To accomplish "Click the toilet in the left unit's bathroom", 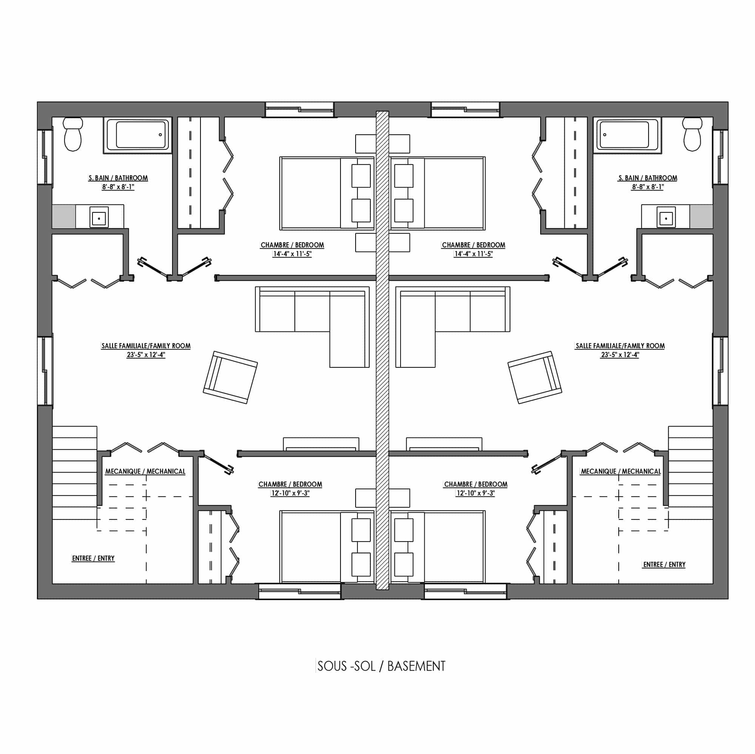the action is click(x=73, y=134).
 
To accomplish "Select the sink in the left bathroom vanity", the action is click(x=99, y=217).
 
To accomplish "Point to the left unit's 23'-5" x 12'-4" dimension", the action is click(x=146, y=355).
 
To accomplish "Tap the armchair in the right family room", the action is click(x=535, y=377).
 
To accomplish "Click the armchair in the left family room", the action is click(x=230, y=377).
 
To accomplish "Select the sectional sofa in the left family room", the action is click(x=312, y=327).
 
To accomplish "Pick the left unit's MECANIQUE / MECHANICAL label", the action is click(x=145, y=471).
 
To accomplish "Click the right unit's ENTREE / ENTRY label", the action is click(x=664, y=565).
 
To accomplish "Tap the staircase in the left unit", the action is click(x=74, y=473).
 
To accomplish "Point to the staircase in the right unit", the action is click(x=690, y=473).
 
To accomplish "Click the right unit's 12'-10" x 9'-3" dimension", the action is click(x=476, y=493).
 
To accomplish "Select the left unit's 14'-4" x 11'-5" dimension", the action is click(x=292, y=254).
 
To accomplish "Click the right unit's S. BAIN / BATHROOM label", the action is click(x=647, y=178).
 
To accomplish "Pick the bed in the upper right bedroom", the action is click(x=438, y=193).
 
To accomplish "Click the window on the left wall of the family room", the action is click(x=45, y=370).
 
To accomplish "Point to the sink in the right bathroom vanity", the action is click(x=666, y=217).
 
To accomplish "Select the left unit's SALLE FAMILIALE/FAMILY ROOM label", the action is click(x=146, y=346).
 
